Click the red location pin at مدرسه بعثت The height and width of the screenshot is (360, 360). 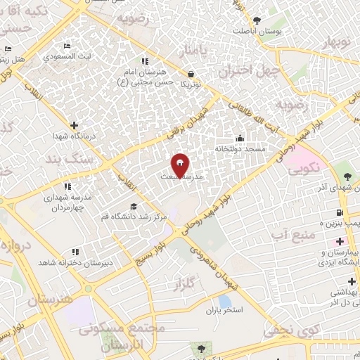tap(181, 165)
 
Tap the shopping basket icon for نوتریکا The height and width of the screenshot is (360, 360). tap(191, 73)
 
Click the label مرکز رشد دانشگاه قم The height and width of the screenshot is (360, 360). tap(134, 217)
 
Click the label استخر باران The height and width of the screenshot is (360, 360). tap(224, 309)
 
